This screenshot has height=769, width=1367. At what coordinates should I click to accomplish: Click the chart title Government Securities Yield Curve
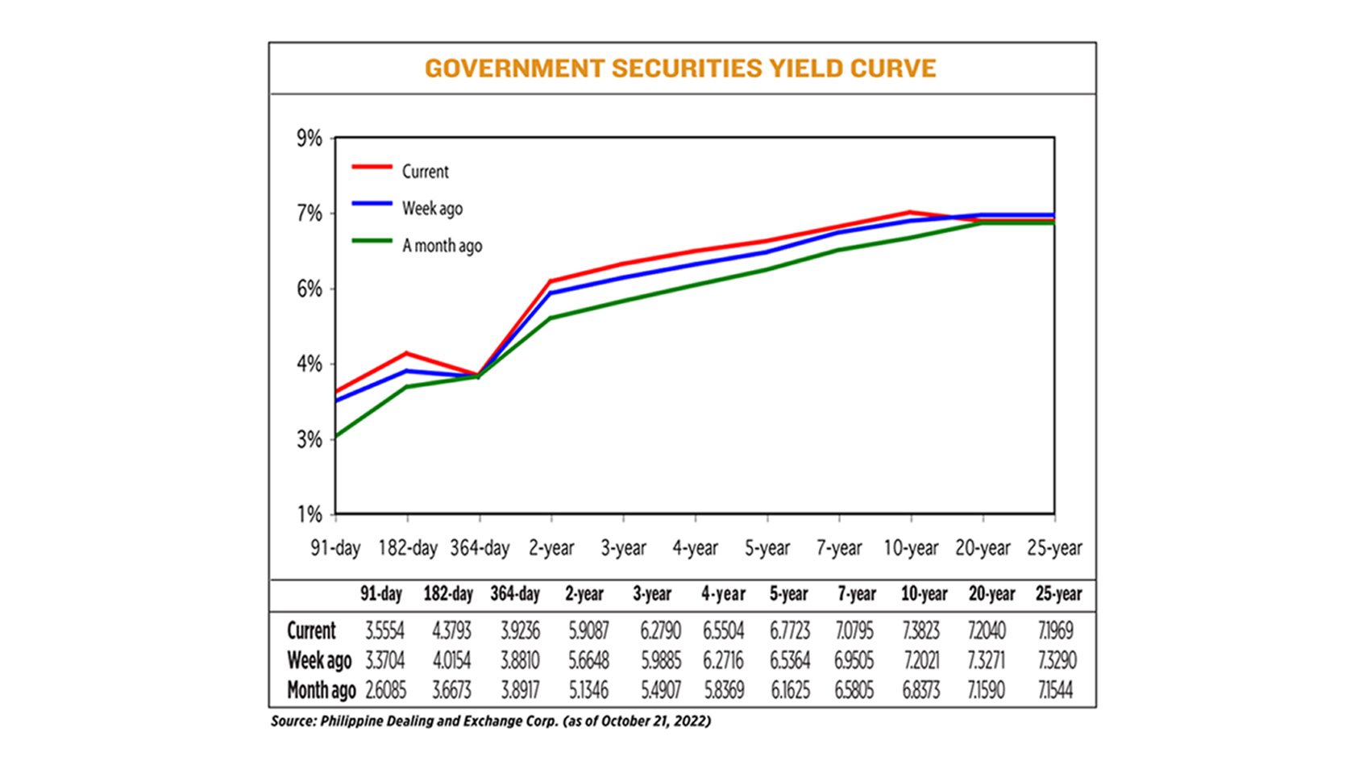(680, 69)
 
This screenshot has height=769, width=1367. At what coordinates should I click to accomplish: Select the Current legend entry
(425, 172)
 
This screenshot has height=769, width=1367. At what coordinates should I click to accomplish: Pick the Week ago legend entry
(432, 209)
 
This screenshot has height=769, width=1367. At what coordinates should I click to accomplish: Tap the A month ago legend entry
(442, 246)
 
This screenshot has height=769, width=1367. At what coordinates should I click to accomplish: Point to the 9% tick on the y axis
(310, 139)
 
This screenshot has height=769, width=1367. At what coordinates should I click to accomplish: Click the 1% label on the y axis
(310, 514)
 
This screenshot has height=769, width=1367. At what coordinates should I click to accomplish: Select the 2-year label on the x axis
(551, 548)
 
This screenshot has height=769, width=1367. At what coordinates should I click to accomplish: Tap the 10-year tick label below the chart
(911, 548)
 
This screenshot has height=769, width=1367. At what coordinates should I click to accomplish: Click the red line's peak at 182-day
(407, 353)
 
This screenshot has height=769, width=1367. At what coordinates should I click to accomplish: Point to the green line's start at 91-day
(336, 437)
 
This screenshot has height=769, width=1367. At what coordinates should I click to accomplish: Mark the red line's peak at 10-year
(911, 212)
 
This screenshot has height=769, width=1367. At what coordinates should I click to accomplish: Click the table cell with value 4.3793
(451, 630)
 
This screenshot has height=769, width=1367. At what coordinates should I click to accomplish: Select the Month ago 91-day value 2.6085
(385, 691)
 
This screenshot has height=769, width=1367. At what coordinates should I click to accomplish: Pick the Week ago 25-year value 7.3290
(1057, 661)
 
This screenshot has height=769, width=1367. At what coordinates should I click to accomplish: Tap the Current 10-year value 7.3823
(920, 630)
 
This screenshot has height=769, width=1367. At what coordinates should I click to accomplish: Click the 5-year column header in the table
(788, 594)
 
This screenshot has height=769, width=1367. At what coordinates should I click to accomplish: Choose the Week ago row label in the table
(319, 661)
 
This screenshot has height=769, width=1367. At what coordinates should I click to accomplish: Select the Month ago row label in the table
(321, 691)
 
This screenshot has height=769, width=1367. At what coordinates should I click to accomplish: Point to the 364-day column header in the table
(515, 594)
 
